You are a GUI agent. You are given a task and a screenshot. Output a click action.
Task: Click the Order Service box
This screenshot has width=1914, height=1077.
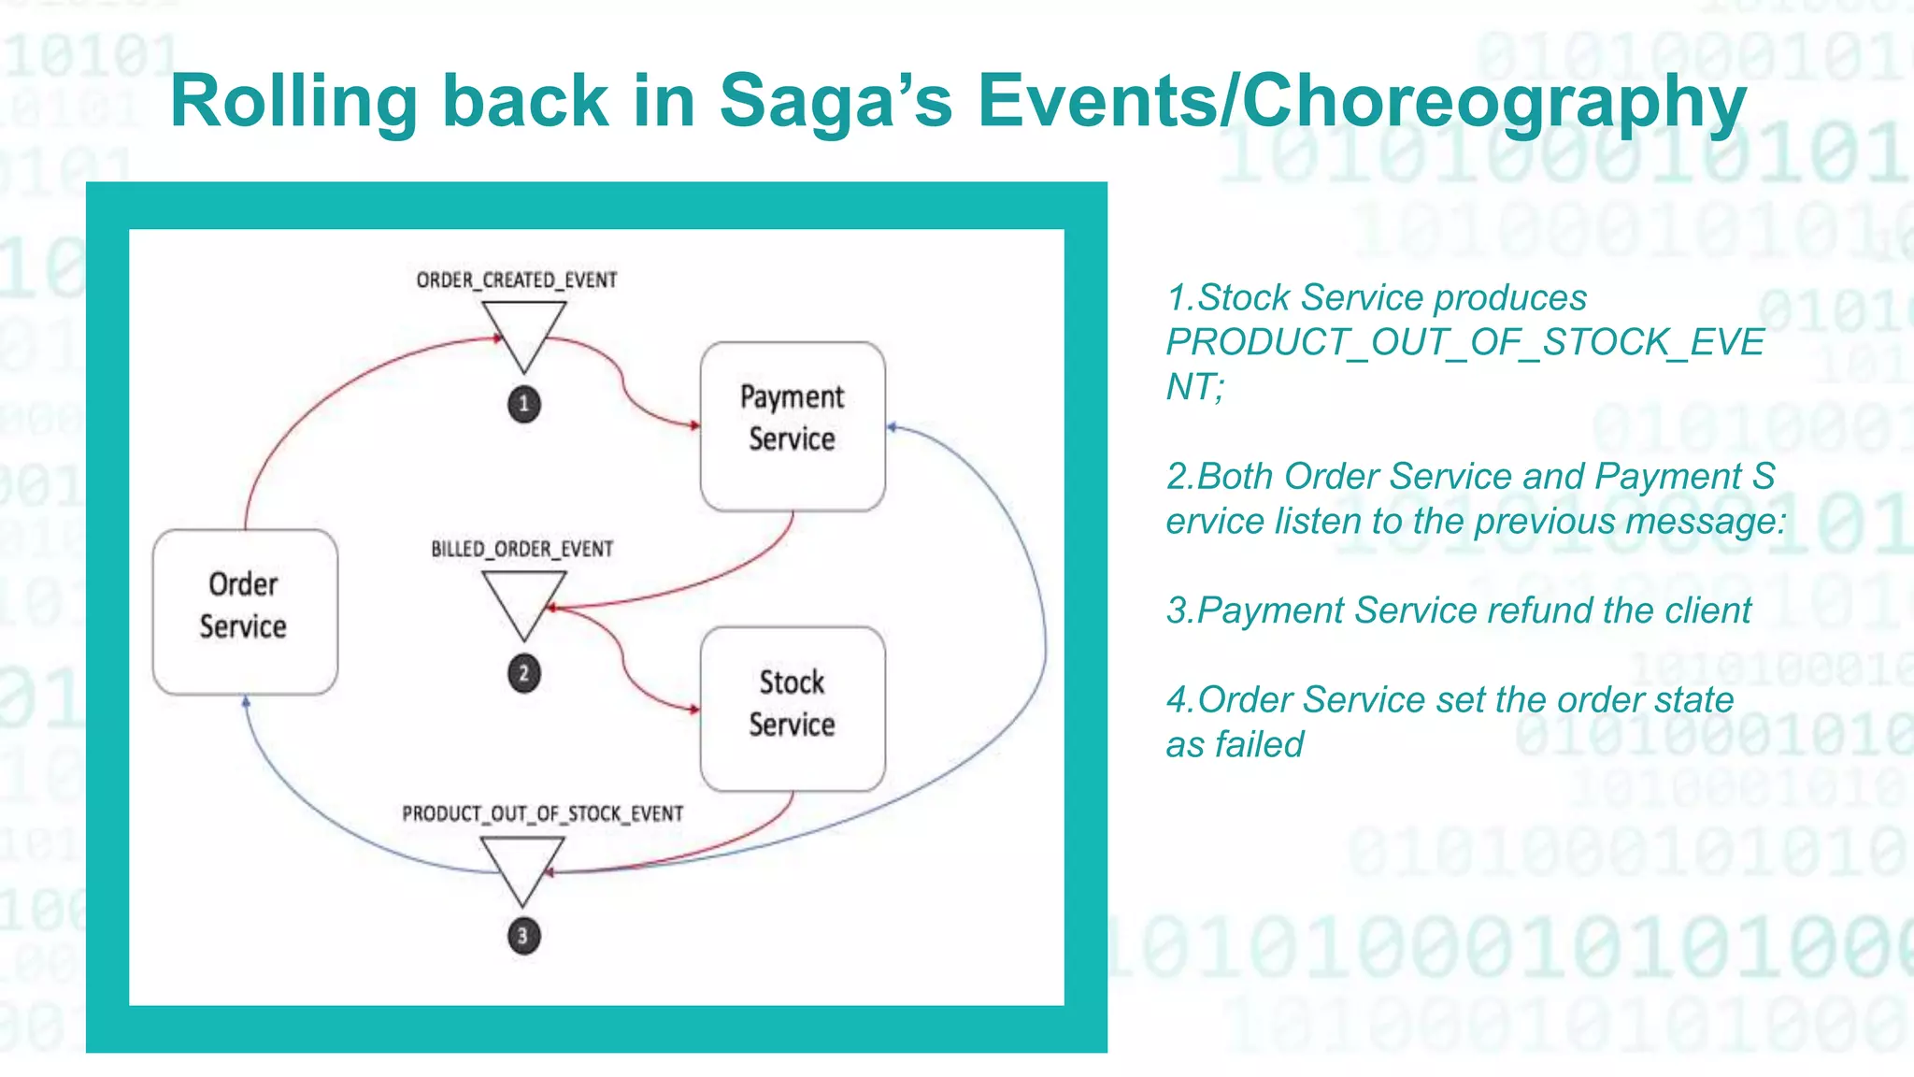(245, 611)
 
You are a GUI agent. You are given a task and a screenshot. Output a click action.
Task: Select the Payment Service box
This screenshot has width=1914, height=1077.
(793, 425)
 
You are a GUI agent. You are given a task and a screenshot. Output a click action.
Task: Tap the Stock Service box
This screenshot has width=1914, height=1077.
(793, 709)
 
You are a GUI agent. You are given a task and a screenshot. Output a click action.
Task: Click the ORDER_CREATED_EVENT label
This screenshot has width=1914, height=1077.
(517, 280)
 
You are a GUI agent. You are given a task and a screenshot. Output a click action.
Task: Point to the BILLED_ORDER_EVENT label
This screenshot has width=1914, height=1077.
(521, 549)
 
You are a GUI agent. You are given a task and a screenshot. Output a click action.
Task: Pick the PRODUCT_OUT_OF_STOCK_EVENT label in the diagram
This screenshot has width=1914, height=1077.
(542, 813)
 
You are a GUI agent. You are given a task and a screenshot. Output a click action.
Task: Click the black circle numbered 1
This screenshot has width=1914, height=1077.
(524, 404)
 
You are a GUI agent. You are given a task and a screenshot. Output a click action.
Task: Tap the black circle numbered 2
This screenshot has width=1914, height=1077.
(524, 673)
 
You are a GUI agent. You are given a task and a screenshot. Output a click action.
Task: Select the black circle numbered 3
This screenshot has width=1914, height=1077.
(523, 936)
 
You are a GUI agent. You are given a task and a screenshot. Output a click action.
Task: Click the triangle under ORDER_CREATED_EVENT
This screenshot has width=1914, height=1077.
(524, 329)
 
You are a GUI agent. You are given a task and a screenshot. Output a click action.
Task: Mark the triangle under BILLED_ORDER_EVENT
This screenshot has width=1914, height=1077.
(524, 598)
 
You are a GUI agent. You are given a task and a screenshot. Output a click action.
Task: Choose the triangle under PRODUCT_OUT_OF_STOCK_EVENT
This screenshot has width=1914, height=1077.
(522, 864)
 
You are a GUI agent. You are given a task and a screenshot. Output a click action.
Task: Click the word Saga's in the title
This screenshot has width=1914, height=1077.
(836, 101)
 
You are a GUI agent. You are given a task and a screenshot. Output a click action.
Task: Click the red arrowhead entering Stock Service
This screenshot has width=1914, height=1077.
(693, 710)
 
